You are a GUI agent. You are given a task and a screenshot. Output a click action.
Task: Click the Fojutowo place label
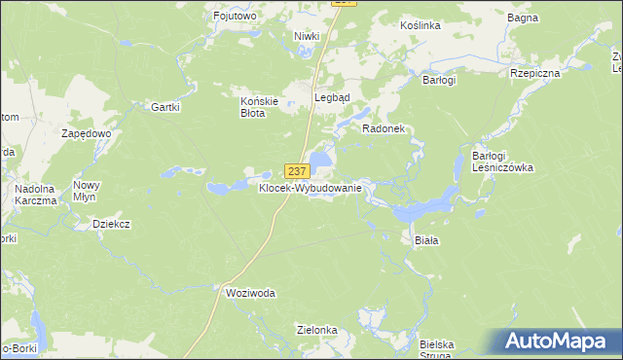234,16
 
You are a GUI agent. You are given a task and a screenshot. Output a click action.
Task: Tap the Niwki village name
308,36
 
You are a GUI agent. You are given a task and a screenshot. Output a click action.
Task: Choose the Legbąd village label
331,97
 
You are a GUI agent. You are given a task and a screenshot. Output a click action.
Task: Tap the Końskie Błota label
260,105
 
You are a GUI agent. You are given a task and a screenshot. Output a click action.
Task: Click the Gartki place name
165,107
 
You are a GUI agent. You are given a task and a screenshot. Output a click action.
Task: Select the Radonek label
383,128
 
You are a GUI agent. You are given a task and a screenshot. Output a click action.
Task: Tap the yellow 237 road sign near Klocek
298,171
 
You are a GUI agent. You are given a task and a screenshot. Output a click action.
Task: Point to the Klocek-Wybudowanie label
311,188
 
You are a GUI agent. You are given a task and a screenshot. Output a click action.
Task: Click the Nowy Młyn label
87,190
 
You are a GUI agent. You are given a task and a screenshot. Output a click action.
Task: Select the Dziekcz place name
111,224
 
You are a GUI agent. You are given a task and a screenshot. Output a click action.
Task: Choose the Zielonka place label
317,330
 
